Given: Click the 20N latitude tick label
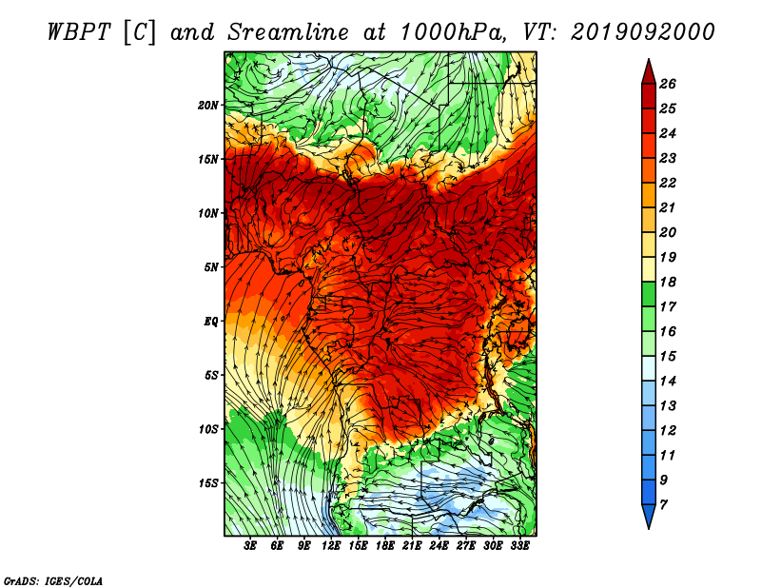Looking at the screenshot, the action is point(208,106).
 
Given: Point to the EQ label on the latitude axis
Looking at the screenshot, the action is point(210,322).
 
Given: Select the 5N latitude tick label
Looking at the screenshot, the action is point(211,267).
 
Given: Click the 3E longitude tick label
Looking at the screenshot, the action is point(250,546).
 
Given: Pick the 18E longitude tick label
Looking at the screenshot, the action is point(385,546).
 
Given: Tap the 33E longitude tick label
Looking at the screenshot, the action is point(519,546).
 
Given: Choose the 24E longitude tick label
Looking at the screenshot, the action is point(439,546).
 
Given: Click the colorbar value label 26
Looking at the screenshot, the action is point(668,84).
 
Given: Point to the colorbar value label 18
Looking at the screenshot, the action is point(668,282).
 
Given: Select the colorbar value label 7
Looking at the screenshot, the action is point(663,505).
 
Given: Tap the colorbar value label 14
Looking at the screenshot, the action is point(668,382).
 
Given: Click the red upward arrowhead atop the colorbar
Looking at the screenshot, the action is point(649,72).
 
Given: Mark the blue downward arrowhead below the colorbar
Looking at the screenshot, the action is point(649,517).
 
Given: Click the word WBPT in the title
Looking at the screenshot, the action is point(79,32).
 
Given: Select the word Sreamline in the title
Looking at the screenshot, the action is point(288,32).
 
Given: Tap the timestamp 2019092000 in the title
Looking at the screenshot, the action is point(643,32).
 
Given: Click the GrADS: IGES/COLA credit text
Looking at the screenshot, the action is point(53,581).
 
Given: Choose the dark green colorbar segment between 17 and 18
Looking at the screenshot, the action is point(649,294).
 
